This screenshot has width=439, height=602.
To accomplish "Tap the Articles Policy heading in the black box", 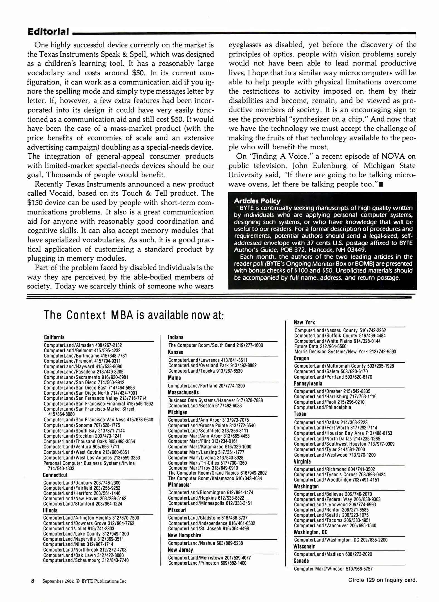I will pos(257,201).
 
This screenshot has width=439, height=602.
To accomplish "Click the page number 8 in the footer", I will pos(33,581).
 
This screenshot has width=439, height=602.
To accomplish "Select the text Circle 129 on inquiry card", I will pos(382,580).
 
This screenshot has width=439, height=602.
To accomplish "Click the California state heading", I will pos(54,337).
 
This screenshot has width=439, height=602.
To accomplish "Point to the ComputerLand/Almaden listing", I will pos(83,345).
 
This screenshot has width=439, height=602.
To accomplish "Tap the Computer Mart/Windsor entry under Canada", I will pos(333,569).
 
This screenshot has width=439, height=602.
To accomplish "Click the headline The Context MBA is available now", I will pos(134,315).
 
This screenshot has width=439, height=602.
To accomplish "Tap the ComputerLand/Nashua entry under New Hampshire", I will pos(205,543).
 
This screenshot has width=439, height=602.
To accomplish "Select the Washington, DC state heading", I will pos(311,532).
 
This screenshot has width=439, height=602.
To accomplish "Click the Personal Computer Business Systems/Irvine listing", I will pos(89,463).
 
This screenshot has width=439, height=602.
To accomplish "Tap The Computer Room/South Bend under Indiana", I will pos(215,345).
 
